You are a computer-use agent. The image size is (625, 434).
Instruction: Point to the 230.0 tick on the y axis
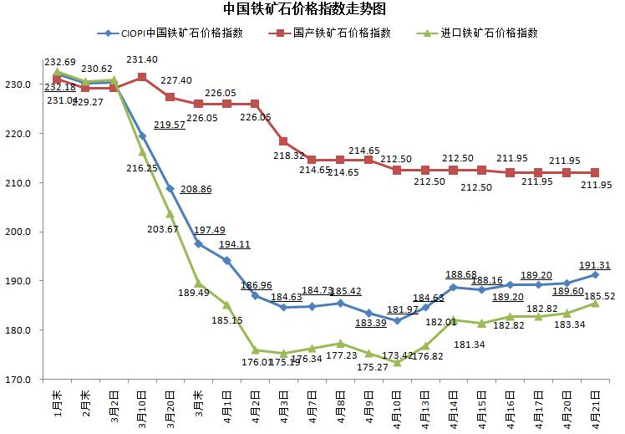(19, 85)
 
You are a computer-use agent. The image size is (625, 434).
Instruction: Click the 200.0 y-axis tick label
(19, 232)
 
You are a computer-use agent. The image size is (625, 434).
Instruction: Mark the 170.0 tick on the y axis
(19, 380)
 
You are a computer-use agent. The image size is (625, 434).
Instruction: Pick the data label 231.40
(142, 59)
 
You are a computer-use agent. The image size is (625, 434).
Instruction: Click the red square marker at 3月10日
(142, 77)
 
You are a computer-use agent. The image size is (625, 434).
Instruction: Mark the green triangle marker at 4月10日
(397, 362)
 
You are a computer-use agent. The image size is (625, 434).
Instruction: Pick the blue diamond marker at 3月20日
(170, 188)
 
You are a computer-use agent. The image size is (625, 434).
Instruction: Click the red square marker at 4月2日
(255, 104)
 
